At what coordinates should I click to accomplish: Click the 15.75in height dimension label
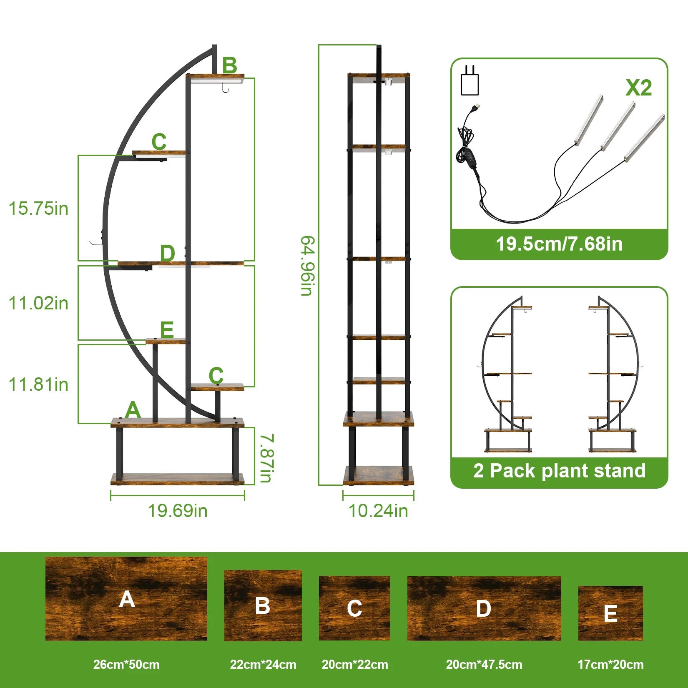point(38,208)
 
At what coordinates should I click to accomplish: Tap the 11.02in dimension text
point(38,303)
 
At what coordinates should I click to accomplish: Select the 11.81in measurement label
point(38,384)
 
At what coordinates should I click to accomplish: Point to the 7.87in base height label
point(266,458)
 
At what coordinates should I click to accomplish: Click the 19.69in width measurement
point(178,511)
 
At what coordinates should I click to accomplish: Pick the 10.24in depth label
point(378,511)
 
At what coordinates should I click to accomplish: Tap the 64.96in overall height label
point(308,266)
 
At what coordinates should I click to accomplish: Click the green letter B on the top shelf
point(230,65)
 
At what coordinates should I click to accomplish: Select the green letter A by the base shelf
point(133,410)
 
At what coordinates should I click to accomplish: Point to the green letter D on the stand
point(168,253)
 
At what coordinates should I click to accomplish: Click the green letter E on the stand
point(167,330)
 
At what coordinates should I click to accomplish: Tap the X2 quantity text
point(638,88)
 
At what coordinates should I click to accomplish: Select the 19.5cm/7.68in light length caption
point(559,244)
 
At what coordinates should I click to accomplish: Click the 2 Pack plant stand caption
point(560,471)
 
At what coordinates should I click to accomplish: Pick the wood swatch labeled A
point(126,599)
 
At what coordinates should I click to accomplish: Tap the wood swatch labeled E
point(610,613)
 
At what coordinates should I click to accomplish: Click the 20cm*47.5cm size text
point(484,665)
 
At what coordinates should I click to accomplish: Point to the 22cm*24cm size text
point(263,665)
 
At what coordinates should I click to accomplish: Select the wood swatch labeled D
point(484,608)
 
